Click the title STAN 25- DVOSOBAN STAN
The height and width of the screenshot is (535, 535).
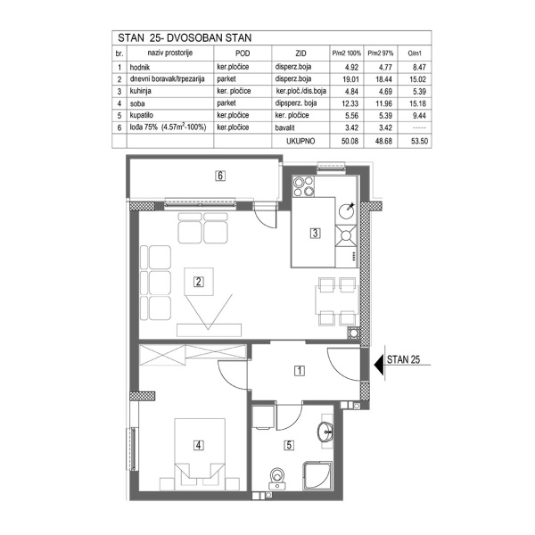185,39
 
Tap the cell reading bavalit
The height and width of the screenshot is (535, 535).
286,128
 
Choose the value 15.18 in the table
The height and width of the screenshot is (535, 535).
412,103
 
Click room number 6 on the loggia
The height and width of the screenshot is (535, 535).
219,176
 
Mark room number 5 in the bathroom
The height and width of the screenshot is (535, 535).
288,443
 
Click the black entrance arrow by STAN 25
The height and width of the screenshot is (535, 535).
375,362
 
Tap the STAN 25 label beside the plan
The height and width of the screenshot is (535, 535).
403,361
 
